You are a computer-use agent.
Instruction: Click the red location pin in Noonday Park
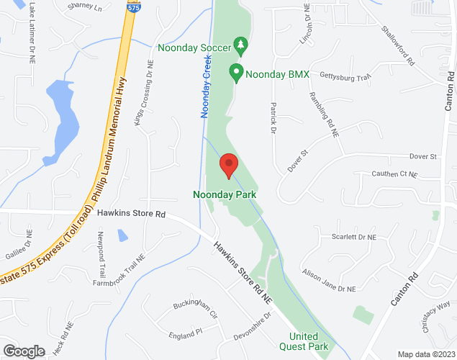click(x=229, y=165)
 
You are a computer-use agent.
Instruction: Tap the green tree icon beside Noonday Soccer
click(x=241, y=47)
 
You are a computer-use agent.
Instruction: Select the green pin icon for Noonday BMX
click(x=235, y=72)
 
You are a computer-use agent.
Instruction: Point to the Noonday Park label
click(x=225, y=194)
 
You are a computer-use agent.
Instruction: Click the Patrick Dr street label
click(x=273, y=117)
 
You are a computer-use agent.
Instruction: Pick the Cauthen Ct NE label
click(x=394, y=174)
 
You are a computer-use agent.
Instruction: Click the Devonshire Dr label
click(x=252, y=326)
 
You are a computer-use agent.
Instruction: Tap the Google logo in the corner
click(x=23, y=351)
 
